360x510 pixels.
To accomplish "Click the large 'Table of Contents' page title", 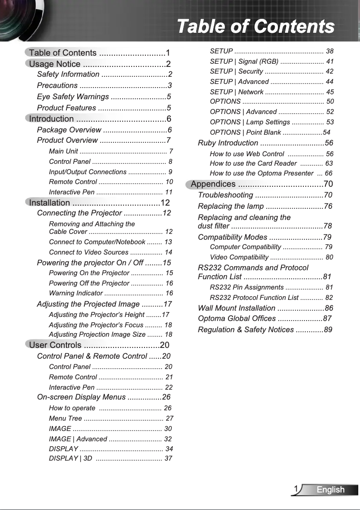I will click(255, 26).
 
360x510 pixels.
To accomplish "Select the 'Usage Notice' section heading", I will click(55, 64).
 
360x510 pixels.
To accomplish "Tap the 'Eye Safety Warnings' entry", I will click(73, 97).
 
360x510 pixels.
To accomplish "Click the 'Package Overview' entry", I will click(69, 130).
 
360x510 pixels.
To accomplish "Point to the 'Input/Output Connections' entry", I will click(88, 172).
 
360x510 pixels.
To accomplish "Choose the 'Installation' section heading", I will click(49, 202).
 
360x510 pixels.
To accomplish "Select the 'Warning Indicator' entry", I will click(75, 293).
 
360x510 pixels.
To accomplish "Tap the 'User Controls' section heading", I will click(55, 345).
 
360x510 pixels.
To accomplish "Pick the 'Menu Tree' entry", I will click(65, 418).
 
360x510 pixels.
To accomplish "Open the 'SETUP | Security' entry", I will click(236, 71).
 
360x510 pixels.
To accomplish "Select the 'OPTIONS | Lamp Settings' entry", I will click(250, 122).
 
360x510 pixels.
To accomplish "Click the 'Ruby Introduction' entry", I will click(228, 143).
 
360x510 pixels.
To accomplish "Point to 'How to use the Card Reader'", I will click(253, 163).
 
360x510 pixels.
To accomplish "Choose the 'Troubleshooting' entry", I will click(225, 195).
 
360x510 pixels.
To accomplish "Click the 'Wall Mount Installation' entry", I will click(237, 308).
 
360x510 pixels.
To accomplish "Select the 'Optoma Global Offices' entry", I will click(237, 319).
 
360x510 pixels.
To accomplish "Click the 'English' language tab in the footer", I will click(330, 490).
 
